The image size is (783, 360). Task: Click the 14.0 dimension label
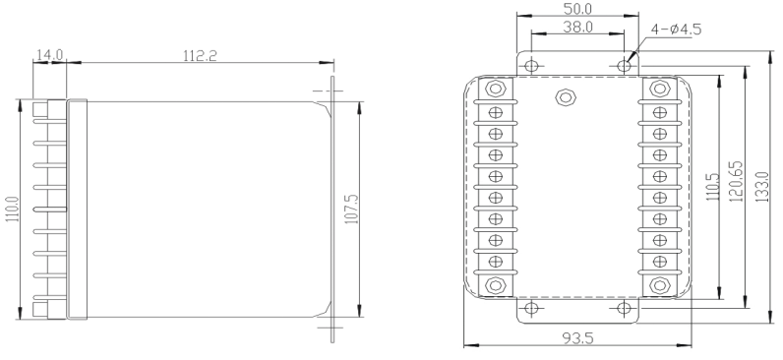(50, 54)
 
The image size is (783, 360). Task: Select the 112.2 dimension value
(200, 55)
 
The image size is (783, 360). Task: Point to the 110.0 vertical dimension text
(13, 210)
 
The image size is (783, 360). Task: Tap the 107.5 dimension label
(352, 210)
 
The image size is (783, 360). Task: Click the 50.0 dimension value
(577, 9)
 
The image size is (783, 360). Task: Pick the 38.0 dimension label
(577, 27)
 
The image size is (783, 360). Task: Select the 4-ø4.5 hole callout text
(676, 30)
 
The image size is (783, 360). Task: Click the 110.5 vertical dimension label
(712, 187)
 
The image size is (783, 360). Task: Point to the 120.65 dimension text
(737, 181)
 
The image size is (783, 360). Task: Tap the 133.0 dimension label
(762, 187)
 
